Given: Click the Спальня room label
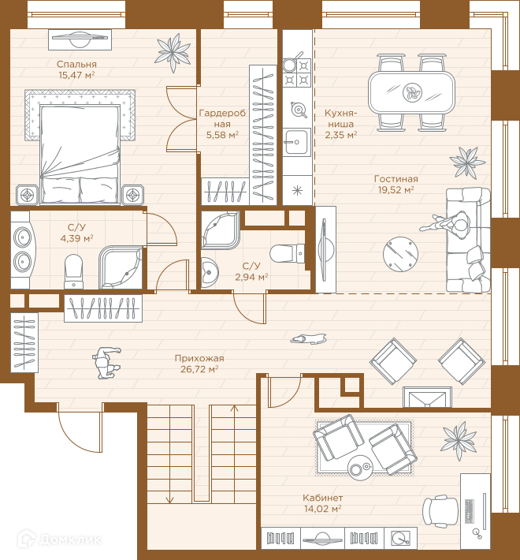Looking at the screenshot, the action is pos(76,65).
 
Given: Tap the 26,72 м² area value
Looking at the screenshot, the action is pos(199,369).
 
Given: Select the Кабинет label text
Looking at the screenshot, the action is pos(323,498).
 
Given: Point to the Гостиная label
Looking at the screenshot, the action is pos(396,178).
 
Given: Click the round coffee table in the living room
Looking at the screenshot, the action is pos(400,254).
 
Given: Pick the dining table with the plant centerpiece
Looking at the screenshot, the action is pos(411,92).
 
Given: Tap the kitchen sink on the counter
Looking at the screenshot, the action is pos(297,142).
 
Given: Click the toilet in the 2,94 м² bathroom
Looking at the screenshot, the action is pos(287,254).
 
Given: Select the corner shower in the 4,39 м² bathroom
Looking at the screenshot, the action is pos(121,267).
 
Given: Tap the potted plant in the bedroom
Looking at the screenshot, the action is pos(173,52).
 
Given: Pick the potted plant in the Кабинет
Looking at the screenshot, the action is pos(459,440).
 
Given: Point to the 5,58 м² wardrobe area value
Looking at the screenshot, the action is pos(222,135).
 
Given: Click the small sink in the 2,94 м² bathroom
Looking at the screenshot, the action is pos(210,272).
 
